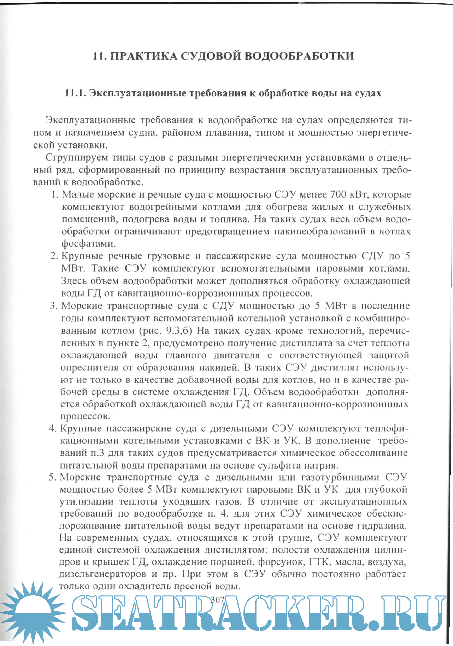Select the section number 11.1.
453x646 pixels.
click(75, 93)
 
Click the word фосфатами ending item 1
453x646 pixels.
click(89, 244)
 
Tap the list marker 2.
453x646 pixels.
click(53, 256)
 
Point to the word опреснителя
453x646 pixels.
click(89, 367)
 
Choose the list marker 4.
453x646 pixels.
click(52, 429)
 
